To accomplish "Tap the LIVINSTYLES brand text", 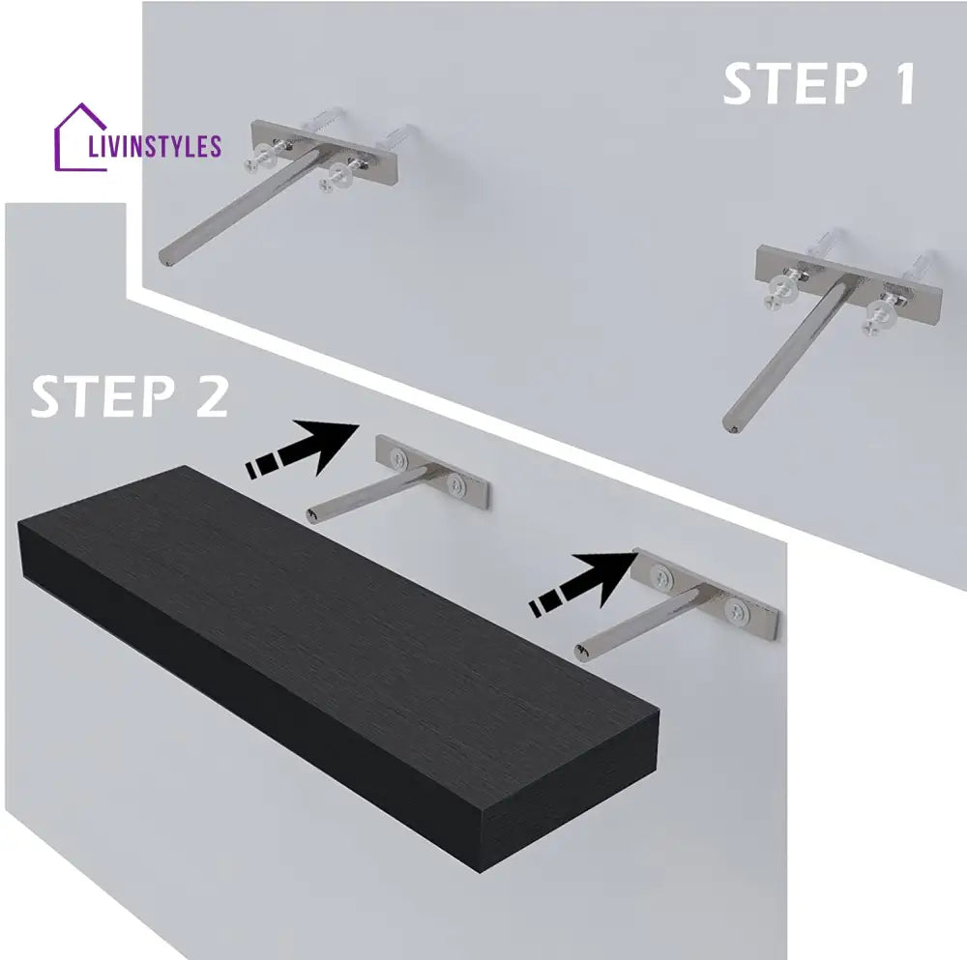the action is pos(155,146).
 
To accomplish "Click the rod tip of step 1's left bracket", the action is pos(166,258).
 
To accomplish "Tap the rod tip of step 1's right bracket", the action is pos(729,426).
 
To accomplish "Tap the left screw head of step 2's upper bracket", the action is pos(399,458).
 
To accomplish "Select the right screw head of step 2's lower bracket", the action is pos(735,611).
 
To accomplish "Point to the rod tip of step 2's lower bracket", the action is pos(581,654).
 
